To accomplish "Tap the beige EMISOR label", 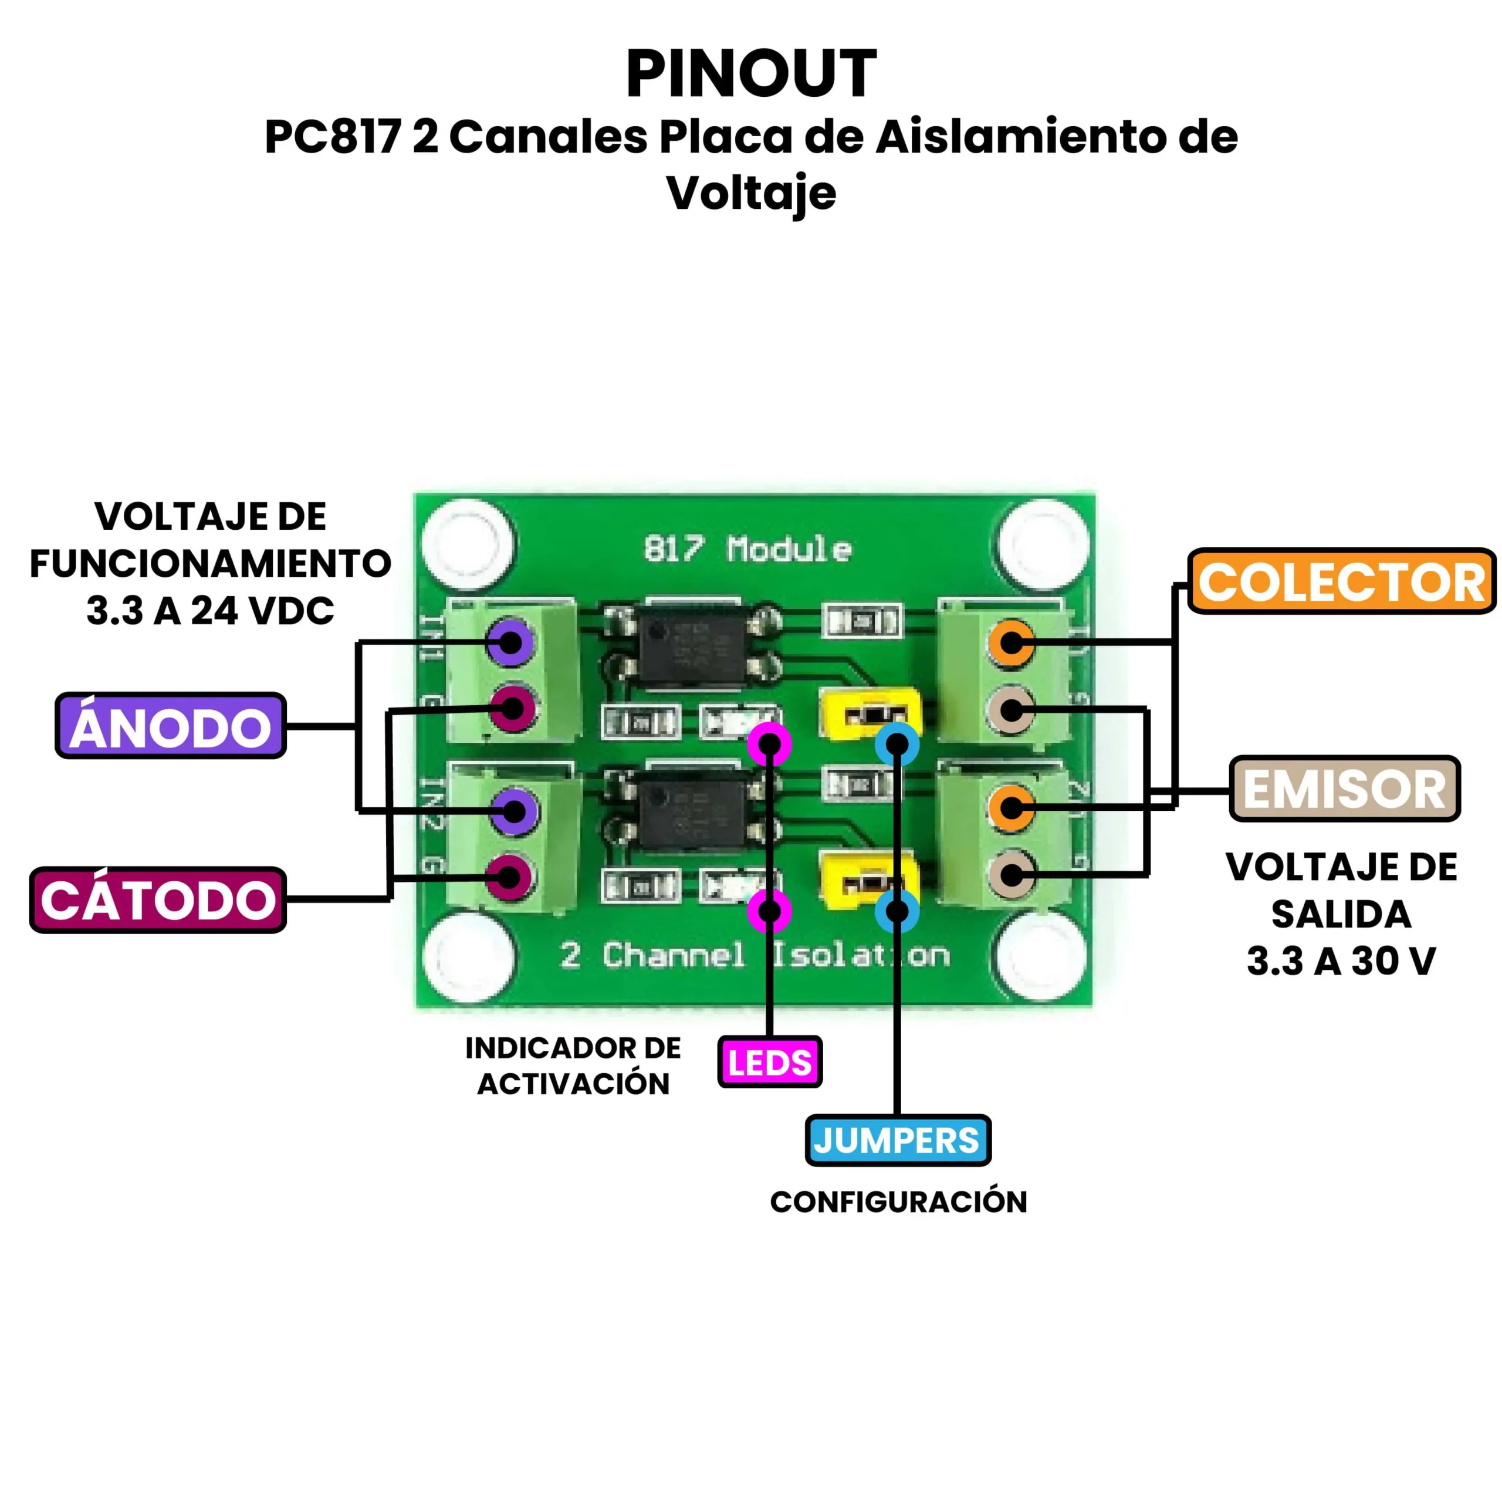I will [x=1344, y=790].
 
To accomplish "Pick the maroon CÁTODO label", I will [x=158, y=900].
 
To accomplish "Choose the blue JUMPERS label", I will [x=897, y=1141].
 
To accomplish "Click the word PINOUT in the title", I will [x=751, y=75].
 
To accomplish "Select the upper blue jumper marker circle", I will [x=897, y=745].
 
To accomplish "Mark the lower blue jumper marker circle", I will [x=897, y=911].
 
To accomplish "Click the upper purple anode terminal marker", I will [x=511, y=642].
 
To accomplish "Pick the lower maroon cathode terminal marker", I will [x=509, y=876].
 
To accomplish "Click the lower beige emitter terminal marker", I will [x=1011, y=875].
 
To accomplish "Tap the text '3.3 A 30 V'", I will [x=1341, y=962].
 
